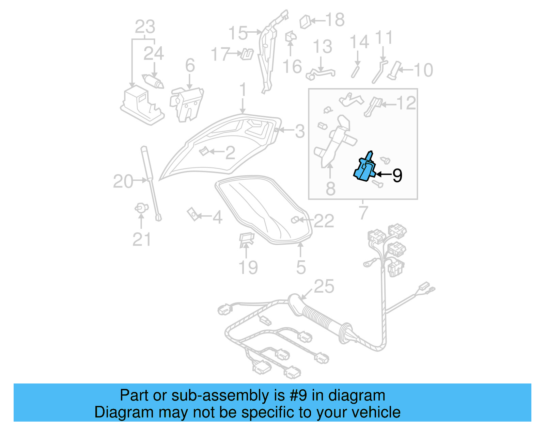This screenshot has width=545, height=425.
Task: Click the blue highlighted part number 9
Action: coord(364,170)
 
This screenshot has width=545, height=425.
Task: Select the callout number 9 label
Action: coord(397,175)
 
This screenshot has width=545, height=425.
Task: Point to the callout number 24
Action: coord(154,53)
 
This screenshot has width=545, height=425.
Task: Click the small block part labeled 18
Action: coord(306,21)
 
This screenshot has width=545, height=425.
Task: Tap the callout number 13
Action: coord(322,47)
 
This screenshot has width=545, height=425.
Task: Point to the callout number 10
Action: coord(423,70)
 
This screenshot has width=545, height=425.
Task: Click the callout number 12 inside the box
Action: coord(406,103)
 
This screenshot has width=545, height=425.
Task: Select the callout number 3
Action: coord(299,131)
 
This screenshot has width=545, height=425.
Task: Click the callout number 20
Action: coord(123,181)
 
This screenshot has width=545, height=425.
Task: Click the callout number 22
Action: coord(324,221)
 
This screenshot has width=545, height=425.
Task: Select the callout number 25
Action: coord(324,287)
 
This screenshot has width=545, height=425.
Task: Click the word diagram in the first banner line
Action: coord(357,395)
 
